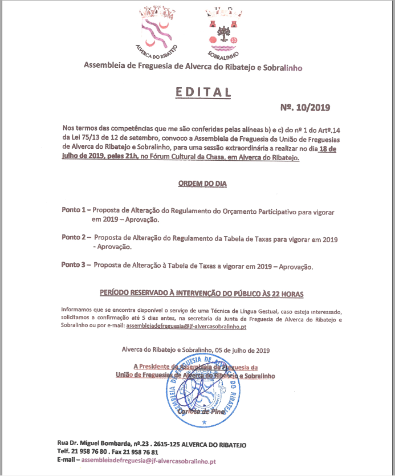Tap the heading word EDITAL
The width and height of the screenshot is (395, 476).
click(x=195, y=92)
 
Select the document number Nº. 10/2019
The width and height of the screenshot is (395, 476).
click(x=305, y=107)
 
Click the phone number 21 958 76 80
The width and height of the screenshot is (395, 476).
click(x=92, y=451)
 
